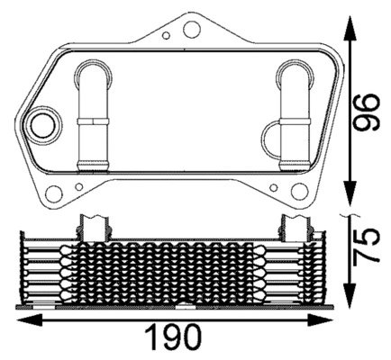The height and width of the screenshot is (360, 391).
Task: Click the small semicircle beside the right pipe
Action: tap(271, 137)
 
